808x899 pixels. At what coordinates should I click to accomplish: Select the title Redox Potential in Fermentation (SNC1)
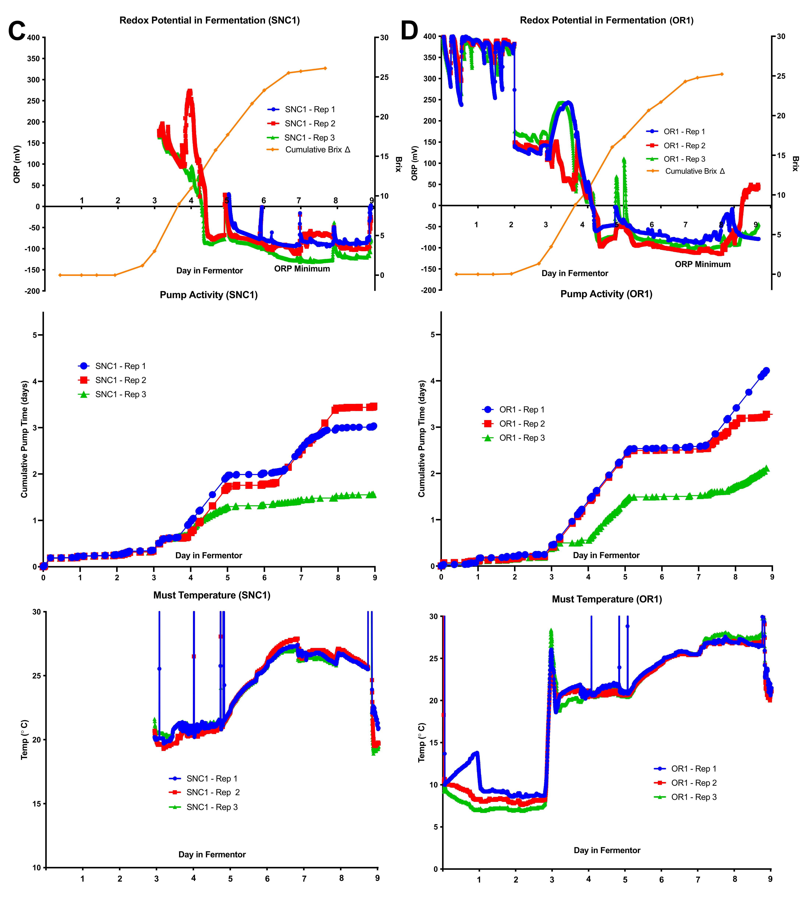pyautogui.click(x=210, y=20)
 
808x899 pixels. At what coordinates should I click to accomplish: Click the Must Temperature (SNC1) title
pyautogui.click(x=212, y=595)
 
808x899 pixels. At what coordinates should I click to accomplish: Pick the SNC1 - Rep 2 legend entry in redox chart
pyautogui.click(x=309, y=123)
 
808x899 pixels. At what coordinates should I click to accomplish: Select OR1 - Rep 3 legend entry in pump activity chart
pyautogui.click(x=522, y=438)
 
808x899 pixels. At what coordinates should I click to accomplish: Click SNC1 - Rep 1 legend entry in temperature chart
pyautogui.click(x=212, y=778)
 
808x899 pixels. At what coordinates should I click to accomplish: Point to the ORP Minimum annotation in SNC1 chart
pyautogui.click(x=302, y=269)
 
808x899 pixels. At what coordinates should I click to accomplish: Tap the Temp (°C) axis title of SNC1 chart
pyautogui.click(x=24, y=739)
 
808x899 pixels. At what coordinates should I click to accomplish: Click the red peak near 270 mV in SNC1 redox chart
pyautogui.click(x=189, y=92)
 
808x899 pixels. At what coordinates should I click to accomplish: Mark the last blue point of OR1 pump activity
pyautogui.click(x=766, y=371)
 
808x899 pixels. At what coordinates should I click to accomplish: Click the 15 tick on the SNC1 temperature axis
pyautogui.click(x=36, y=804)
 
